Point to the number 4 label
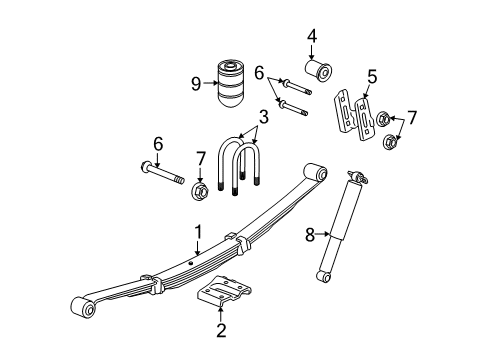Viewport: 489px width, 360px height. [312, 38]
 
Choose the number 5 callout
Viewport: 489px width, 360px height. [371, 75]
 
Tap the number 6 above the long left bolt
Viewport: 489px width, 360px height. [158, 145]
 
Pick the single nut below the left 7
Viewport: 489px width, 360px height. [199, 189]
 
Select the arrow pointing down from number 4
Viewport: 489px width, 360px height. [312, 52]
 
